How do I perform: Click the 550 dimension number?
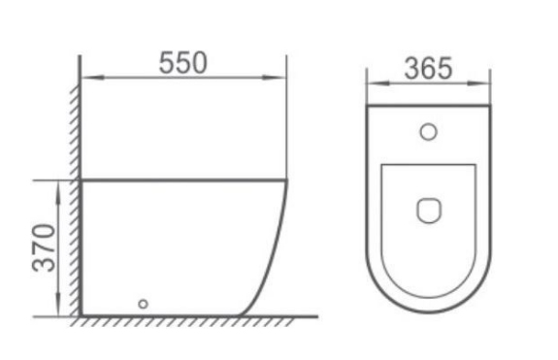pos(182,63)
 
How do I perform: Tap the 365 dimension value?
pos(428,69)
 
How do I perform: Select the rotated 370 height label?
pos(44,247)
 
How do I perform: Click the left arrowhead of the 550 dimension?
pos(92,78)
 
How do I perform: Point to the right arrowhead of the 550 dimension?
pos(274,78)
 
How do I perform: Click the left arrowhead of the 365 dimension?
pos(378,82)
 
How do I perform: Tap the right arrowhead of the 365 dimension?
pos(477,82)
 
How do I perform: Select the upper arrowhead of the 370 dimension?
pos(58,192)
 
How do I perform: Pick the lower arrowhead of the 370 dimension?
pos(58,304)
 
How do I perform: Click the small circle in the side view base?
pos(143,304)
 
